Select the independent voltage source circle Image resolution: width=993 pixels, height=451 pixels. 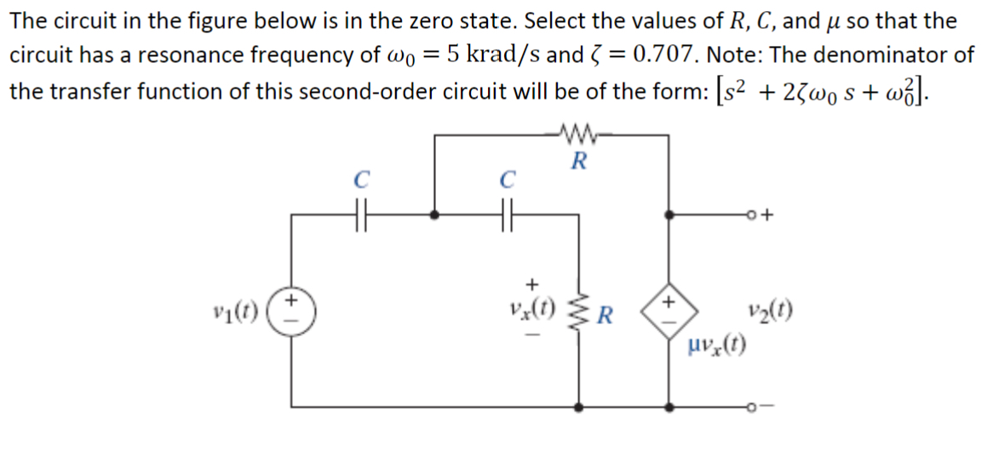click(291, 309)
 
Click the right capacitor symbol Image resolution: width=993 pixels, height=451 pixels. click(508, 216)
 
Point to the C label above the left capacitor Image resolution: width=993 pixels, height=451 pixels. click(360, 180)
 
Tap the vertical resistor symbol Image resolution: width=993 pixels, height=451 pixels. click(581, 318)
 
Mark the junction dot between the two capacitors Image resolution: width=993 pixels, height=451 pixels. click(435, 216)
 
